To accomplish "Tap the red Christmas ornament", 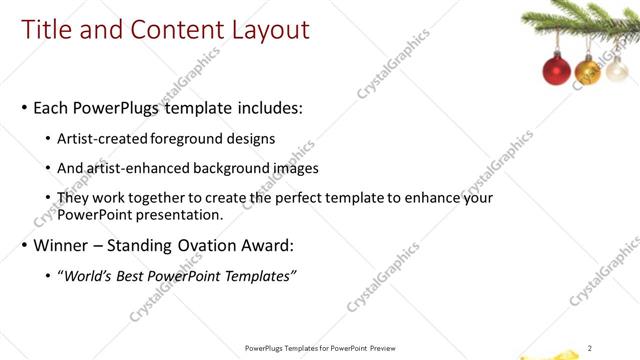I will [555, 70].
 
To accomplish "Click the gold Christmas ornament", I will [588, 71].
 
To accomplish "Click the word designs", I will [253, 138].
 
